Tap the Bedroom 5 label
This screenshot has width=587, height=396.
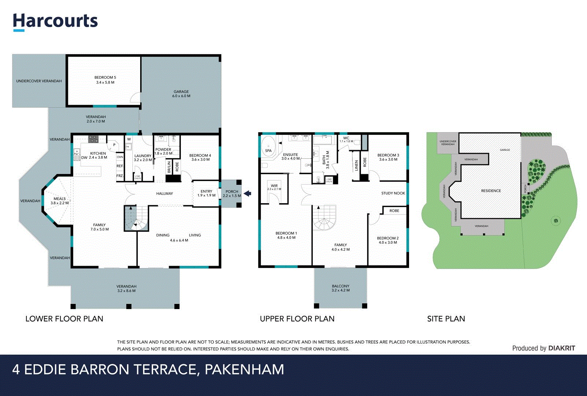click(x=105, y=80)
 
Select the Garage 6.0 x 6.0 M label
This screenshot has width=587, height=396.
click(x=181, y=94)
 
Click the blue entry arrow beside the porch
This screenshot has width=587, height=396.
click(x=248, y=193)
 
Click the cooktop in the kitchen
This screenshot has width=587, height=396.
click(x=93, y=139)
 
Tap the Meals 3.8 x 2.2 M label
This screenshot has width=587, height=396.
click(x=60, y=201)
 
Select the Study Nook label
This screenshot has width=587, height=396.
click(x=393, y=193)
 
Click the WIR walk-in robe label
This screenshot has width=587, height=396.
click(x=274, y=187)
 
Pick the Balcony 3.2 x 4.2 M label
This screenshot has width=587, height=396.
click(x=341, y=288)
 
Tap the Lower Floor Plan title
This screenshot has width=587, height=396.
click(x=64, y=319)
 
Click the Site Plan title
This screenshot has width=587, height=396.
click(x=446, y=319)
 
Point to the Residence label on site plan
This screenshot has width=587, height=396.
click(x=491, y=191)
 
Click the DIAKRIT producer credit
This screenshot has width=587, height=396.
click(x=562, y=348)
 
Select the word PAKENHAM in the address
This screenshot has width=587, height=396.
click(x=244, y=369)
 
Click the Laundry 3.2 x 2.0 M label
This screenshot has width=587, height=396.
click(x=143, y=158)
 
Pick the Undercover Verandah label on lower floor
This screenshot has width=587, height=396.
click(x=39, y=81)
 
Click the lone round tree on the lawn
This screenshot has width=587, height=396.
click(x=556, y=221)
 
